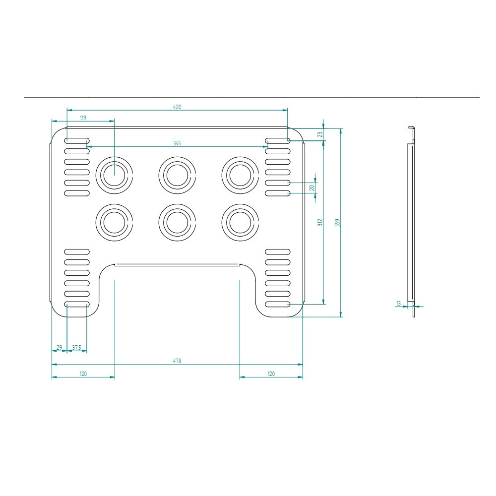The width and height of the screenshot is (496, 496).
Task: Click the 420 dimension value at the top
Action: pyautogui.click(x=177, y=107)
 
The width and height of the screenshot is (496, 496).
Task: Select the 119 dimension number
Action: pyautogui.click(x=83, y=118)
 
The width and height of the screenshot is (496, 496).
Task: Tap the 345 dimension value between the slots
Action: pyautogui.click(x=177, y=143)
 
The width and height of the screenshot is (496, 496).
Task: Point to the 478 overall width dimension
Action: pyautogui.click(x=177, y=361)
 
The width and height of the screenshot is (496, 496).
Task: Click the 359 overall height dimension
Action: pyautogui.click(x=337, y=223)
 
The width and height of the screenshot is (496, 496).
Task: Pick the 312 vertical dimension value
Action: pyautogui.click(x=320, y=222)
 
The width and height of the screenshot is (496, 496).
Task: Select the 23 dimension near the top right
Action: pyautogui.click(x=320, y=134)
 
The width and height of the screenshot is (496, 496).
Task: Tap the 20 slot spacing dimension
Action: pyautogui.click(x=312, y=188)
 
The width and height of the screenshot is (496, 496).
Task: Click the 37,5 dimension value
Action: pyautogui.click(x=76, y=348)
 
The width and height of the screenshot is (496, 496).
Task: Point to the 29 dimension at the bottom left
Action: pyautogui.click(x=59, y=348)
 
